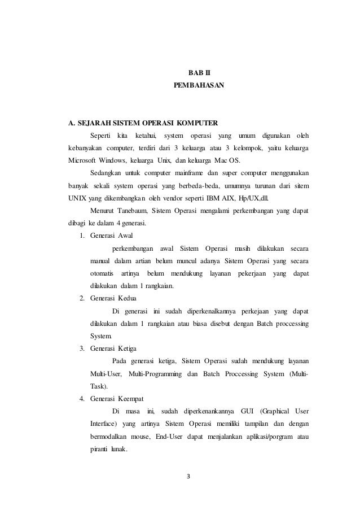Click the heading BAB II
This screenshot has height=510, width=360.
pyautogui.click(x=198, y=73)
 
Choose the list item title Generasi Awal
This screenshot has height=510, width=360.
pyautogui.click(x=111, y=236)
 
